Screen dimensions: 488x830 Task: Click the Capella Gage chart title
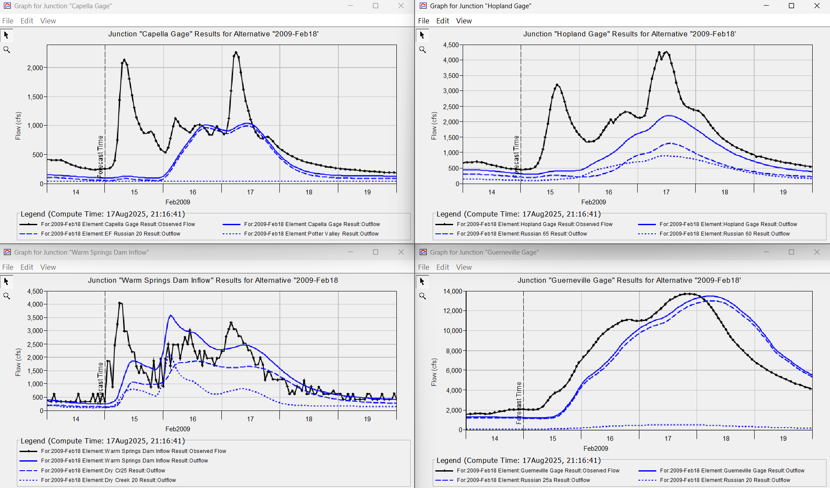213,34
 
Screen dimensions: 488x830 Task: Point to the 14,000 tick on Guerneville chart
452,291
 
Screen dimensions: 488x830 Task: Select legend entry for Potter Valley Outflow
311,234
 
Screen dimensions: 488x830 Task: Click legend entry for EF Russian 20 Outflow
110,234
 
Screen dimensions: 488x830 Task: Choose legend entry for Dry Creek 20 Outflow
108,480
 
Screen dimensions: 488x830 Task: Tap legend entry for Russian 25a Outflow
523,480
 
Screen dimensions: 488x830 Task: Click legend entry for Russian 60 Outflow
724,234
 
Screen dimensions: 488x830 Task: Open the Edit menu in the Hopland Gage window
442,21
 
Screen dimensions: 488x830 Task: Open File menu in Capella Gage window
8,21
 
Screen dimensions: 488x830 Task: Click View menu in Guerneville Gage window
464,267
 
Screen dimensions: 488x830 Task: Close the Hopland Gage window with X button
817,6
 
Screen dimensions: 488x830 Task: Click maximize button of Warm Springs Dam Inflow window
376,252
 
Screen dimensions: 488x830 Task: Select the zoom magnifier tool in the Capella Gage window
6,50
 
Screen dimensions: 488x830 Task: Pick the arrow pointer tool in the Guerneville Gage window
422,282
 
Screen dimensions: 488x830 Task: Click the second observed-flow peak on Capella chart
236,52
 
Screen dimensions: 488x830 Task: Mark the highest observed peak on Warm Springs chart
120,303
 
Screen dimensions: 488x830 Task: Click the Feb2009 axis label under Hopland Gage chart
593,202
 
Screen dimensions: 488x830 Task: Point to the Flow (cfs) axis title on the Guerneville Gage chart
434,372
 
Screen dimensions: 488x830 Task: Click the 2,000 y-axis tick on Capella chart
35,68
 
